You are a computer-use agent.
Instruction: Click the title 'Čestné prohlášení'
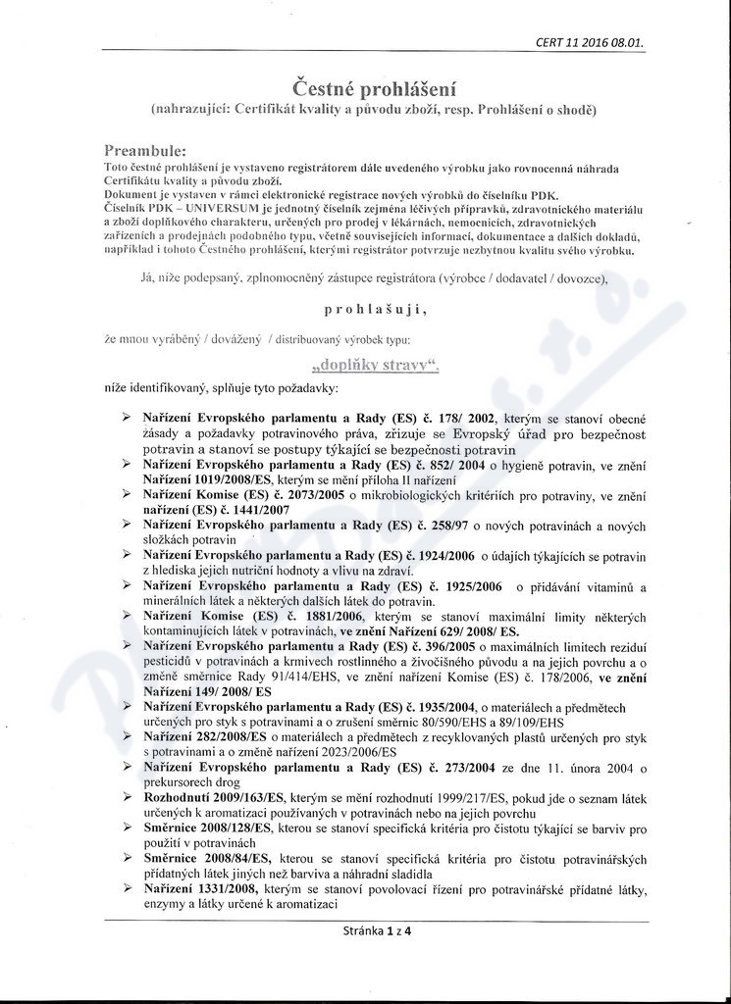click(x=364, y=90)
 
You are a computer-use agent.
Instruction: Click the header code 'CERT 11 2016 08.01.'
click(x=590, y=42)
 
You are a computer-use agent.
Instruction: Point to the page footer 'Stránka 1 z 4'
click(x=377, y=931)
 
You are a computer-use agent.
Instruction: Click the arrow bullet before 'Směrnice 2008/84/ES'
click(x=127, y=858)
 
